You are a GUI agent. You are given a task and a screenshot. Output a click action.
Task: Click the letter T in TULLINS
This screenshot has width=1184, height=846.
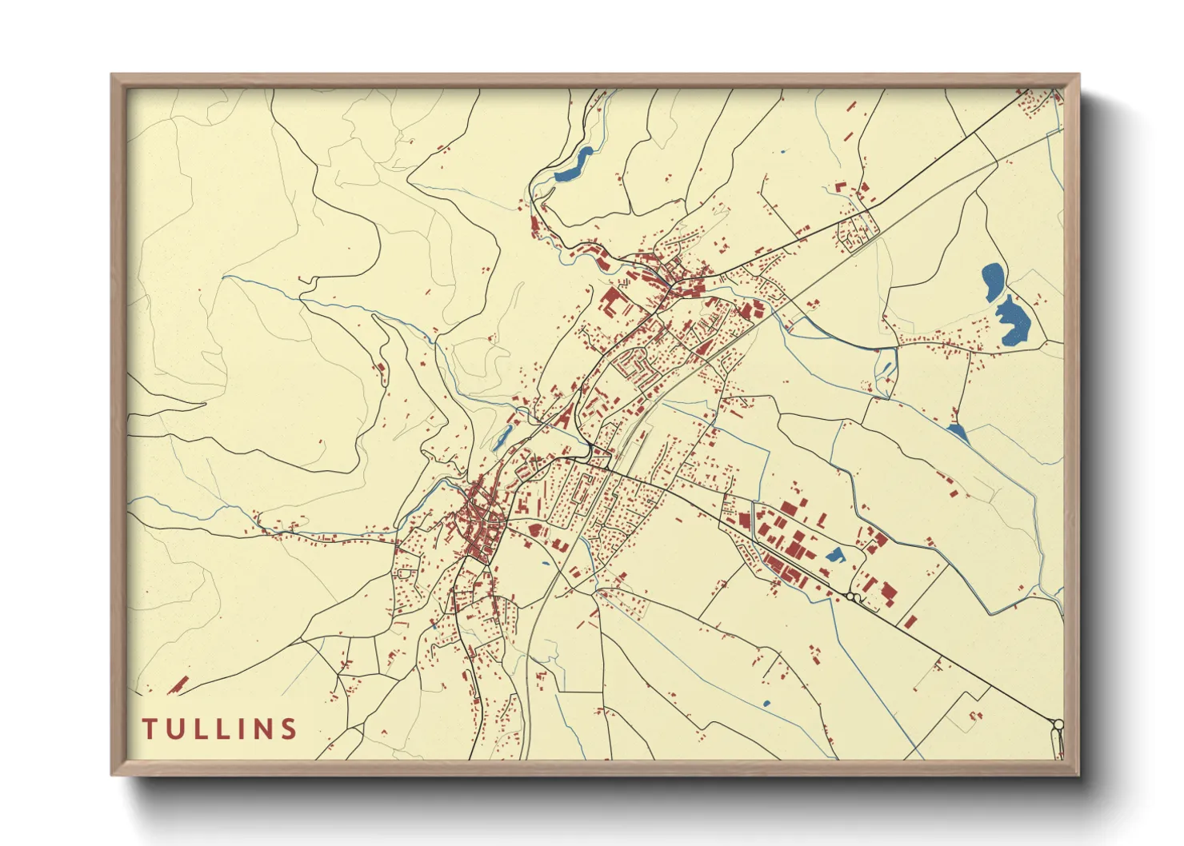pyautogui.click(x=150, y=728)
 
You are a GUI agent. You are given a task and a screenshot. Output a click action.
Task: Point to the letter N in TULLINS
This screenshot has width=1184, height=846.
pyautogui.click(x=261, y=728)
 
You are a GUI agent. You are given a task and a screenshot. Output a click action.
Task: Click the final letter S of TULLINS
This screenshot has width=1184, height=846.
pyautogui.click(x=289, y=728)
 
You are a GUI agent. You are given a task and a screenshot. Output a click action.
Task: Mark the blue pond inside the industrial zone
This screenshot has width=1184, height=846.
pyautogui.click(x=834, y=554)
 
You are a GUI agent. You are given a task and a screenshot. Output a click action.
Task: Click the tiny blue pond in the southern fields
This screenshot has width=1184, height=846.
pyautogui.click(x=766, y=704)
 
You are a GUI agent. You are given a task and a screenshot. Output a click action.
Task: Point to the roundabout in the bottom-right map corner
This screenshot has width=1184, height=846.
pyautogui.click(x=1058, y=725)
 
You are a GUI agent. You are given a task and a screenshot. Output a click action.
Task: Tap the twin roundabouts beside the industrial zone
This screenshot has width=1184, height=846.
pyautogui.click(x=854, y=597)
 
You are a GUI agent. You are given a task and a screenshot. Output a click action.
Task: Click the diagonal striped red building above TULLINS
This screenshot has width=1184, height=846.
pyautogui.click(x=179, y=684)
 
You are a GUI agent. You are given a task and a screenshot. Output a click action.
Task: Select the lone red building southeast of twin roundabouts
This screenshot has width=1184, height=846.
pyautogui.click(x=910, y=621)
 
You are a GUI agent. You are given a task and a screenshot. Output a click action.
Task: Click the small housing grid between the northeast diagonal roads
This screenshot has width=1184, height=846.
pyautogui.click(x=857, y=229)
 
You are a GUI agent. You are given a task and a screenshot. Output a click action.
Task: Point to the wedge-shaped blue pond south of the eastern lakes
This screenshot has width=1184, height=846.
pyautogui.click(x=957, y=433)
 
